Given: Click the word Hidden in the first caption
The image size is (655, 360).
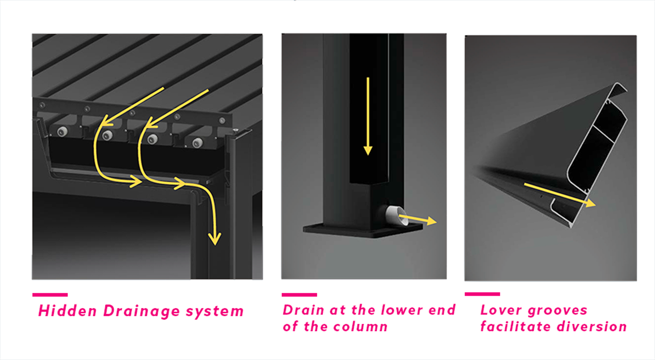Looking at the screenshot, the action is pyautogui.click(x=68, y=311).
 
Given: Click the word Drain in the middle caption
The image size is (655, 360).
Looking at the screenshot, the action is pyautogui.click(x=303, y=310).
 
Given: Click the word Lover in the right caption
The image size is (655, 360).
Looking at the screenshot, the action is pyautogui.click(x=501, y=310).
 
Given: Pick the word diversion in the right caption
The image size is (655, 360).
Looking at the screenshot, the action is pyautogui.click(x=592, y=326).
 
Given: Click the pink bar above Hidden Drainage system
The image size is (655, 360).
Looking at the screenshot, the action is pyautogui.click(x=50, y=295).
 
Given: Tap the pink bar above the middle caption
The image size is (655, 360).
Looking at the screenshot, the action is pyautogui.click(x=299, y=295).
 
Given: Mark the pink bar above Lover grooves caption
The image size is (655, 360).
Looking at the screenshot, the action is pyautogui.click(x=482, y=294).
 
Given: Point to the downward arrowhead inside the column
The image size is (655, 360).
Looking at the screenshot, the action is pyautogui.click(x=368, y=150).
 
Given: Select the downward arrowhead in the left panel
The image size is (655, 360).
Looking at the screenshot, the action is pyautogui.click(x=215, y=238).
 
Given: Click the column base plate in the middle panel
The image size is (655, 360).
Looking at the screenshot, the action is pyautogui.click(x=363, y=230).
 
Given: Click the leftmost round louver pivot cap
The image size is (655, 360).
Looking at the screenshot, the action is pyautogui.click(x=62, y=131).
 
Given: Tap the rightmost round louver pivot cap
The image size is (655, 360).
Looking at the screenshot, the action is pyautogui.click(x=198, y=142).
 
